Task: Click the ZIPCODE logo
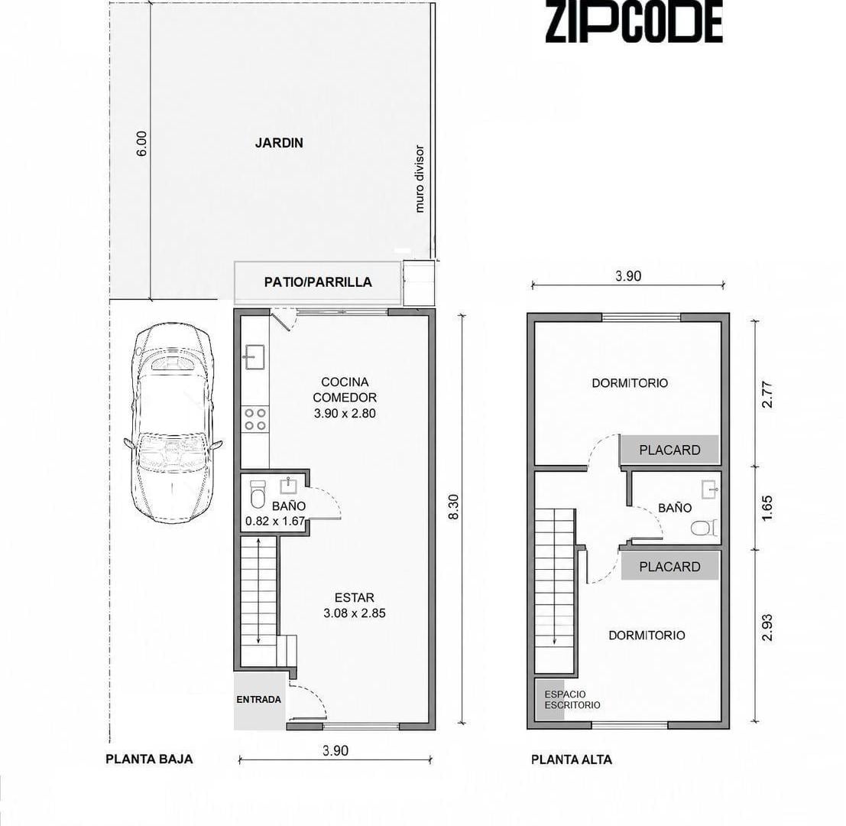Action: [634, 21]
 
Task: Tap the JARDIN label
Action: [279, 143]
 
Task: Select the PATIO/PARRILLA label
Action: [318, 281]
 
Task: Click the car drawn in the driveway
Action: [173, 423]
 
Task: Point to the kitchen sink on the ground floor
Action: [254, 357]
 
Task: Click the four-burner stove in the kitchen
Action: [255, 419]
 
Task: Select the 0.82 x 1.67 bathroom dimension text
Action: [275, 521]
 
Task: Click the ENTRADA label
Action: [258, 699]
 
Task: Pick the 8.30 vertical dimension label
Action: [454, 507]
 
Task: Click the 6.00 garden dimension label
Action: [141, 144]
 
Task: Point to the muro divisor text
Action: [420, 179]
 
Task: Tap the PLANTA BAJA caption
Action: [149, 759]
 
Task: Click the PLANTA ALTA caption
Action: [572, 759]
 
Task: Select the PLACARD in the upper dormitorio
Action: [669, 450]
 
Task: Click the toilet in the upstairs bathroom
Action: [704, 528]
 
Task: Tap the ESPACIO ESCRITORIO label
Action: [572, 700]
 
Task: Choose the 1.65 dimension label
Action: [767, 508]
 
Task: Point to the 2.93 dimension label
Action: [767, 627]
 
